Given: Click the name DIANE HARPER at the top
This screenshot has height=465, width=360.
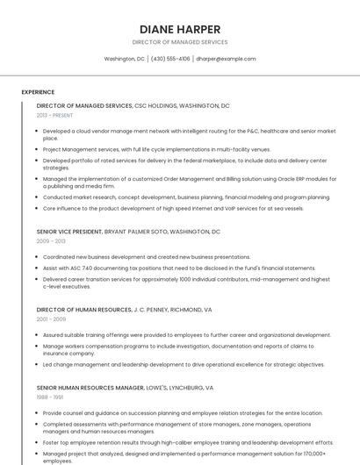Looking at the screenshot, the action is (179, 29).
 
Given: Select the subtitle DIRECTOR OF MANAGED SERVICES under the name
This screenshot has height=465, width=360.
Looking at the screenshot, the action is (179, 42).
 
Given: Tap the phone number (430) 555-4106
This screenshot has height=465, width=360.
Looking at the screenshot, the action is (170, 59).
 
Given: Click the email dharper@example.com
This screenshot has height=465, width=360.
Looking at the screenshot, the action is (226, 59).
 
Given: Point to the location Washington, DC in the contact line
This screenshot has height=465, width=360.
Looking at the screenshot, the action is (124, 59).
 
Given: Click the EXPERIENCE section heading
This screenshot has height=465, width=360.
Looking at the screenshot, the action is (38, 92).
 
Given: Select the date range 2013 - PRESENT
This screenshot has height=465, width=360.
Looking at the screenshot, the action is (54, 115).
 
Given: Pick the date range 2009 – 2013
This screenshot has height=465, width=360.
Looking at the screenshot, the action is (51, 240).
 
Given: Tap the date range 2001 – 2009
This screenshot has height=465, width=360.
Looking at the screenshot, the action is (51, 319).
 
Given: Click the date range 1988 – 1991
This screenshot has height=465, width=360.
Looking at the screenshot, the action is (50, 397).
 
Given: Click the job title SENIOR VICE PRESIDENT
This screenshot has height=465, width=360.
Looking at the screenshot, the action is (69, 232).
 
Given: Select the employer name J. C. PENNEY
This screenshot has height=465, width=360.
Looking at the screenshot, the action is (155, 310).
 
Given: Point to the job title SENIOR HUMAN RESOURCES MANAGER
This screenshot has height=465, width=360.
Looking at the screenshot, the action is (90, 387).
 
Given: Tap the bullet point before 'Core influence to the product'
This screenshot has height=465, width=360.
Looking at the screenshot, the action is (38, 209).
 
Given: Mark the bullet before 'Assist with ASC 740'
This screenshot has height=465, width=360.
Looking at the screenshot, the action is (38, 268).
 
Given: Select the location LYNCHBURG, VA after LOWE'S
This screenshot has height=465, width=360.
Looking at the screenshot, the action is (191, 387).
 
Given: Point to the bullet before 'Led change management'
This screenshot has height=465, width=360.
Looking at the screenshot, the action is (38, 365).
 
